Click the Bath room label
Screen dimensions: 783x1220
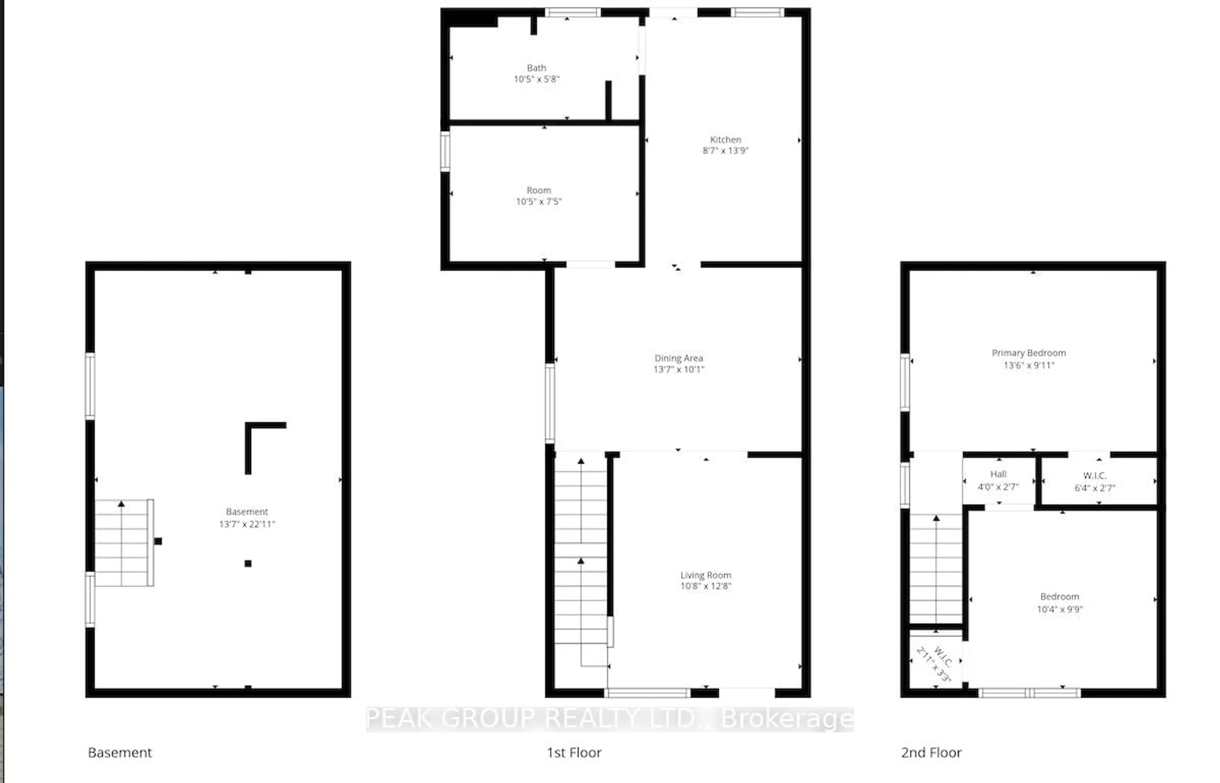point(536,68)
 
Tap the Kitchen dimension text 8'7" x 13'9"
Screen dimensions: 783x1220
point(725,151)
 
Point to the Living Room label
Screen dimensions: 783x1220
point(706,575)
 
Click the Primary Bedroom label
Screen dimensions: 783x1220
point(1028,353)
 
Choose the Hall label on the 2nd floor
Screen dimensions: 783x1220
point(998,474)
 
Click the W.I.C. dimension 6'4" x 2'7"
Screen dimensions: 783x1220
point(1095,487)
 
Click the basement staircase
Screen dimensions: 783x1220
point(122,543)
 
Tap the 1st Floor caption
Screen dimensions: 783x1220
point(574,752)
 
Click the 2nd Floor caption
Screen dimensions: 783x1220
point(931,752)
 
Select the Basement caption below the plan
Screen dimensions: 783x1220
point(120,752)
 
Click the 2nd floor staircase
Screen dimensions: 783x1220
point(936,569)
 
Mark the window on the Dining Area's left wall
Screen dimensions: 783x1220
point(550,403)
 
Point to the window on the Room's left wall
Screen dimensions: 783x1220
point(445,152)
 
